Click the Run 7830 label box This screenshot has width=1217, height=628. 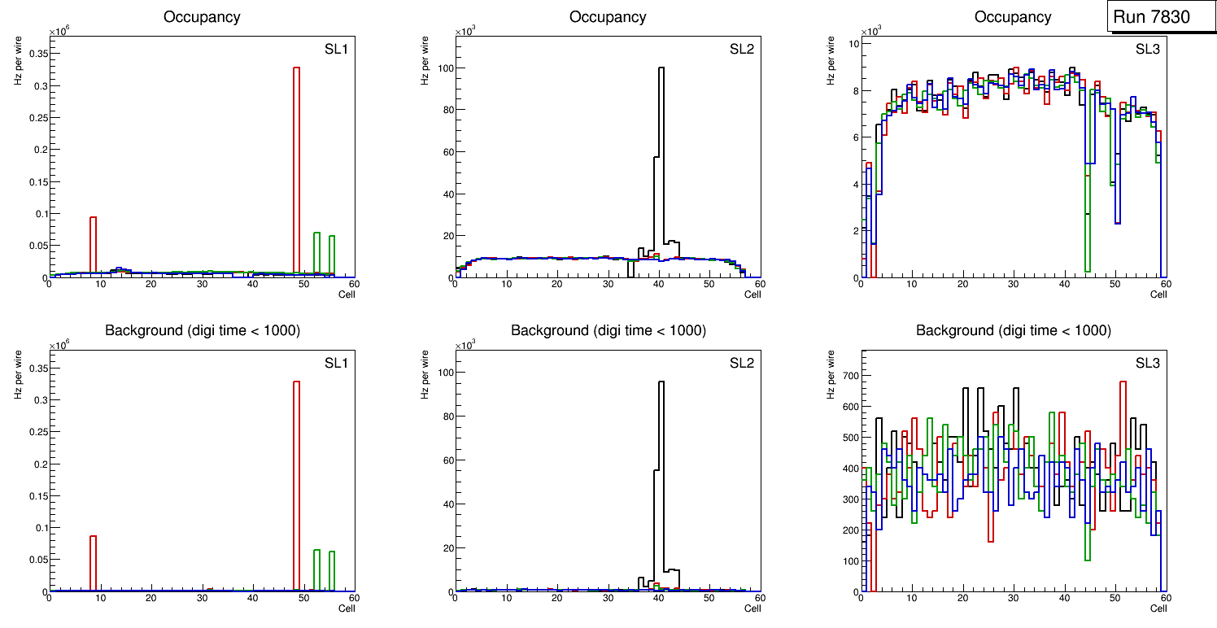[1156, 17]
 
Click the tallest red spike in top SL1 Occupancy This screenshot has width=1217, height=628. [297, 163]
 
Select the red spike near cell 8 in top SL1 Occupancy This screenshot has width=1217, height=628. [94, 244]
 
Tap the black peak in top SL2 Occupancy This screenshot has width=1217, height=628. [661, 163]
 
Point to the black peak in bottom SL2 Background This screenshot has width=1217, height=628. [661, 472]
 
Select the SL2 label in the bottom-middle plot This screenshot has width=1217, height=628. [741, 363]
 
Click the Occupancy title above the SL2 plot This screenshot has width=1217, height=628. [608, 17]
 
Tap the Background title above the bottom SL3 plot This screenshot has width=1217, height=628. [1014, 330]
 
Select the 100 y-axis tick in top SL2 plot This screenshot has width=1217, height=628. [439, 68]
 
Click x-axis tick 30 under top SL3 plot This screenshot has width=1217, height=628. [1013, 284]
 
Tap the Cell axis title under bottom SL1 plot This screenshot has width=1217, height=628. [347, 608]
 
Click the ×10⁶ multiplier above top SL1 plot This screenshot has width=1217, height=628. [59, 32]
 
